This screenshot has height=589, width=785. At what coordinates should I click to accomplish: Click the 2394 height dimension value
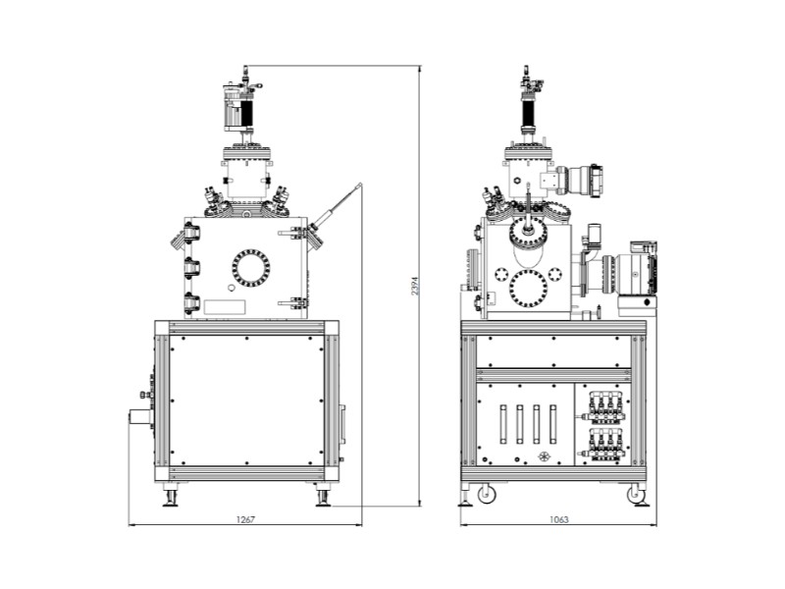[x=415, y=285]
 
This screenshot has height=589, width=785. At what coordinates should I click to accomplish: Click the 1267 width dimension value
[x=245, y=519]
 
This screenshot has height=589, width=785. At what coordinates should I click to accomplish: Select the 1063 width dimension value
[x=558, y=519]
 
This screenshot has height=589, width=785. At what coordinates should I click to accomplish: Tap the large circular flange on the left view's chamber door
[x=251, y=268]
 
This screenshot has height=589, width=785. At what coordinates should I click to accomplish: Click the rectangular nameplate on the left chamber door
[x=225, y=307]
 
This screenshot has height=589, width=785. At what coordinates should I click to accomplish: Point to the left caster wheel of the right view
[x=486, y=494]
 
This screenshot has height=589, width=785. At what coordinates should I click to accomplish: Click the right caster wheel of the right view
[x=635, y=494]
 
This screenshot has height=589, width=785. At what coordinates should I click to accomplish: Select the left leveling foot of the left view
[x=170, y=495]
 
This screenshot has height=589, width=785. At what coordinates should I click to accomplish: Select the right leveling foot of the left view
[x=323, y=495]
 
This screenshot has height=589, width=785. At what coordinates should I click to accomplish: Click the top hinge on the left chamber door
[x=191, y=234]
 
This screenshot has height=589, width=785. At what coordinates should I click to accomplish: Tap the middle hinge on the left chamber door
[x=191, y=268]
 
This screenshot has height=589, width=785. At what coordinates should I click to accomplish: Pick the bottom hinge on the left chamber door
[x=191, y=303]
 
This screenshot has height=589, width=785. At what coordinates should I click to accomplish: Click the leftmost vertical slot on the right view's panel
[x=503, y=424]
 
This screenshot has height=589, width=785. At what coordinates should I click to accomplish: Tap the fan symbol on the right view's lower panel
[x=545, y=456]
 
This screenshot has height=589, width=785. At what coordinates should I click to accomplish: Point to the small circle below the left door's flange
[x=231, y=288]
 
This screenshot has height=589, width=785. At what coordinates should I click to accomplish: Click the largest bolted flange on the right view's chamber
[x=528, y=289]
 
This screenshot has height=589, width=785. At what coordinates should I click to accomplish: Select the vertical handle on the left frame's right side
[x=342, y=424]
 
